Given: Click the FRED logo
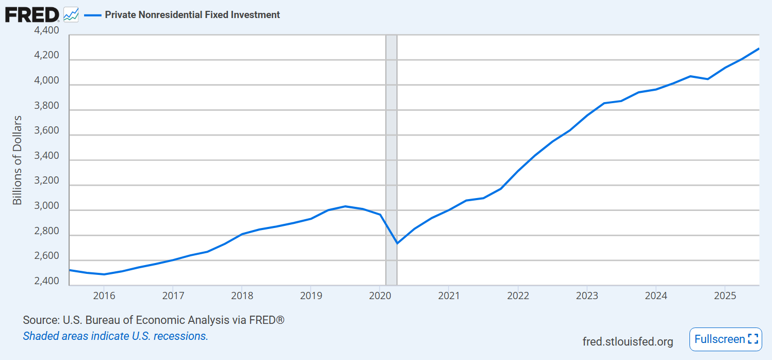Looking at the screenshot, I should coord(32,14).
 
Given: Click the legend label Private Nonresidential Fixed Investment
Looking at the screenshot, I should coord(192,15).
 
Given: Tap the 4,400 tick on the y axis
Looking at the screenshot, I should coord(46,30).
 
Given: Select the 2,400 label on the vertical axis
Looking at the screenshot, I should coord(46,282).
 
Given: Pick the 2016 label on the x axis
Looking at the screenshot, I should coord(104,296).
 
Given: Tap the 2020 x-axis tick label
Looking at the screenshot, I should coord(380,296).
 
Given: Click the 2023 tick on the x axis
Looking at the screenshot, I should coord(587,296).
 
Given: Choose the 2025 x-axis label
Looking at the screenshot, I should coord(725,296).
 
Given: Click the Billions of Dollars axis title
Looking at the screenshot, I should coord(18,160).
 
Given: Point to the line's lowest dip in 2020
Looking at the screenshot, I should coord(397,243).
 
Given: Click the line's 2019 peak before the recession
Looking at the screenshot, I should coord(345,206).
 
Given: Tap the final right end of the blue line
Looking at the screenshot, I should coord(759,48).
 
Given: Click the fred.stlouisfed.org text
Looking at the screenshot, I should coord(628,341).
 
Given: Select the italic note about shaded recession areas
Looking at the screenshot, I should coord(116,336).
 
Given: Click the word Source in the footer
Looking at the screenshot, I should coord(41,320).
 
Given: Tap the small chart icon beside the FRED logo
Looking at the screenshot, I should coord(71,14).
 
